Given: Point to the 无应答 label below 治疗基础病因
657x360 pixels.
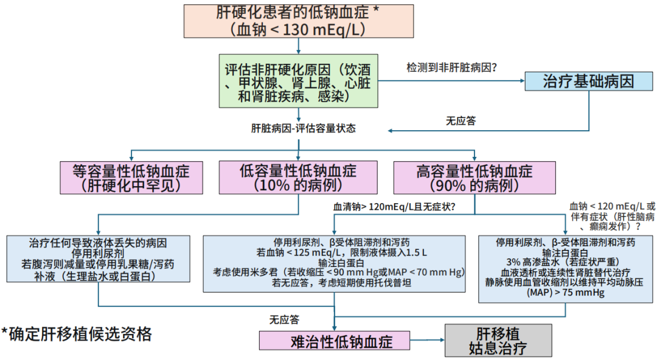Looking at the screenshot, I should [x=461, y=120].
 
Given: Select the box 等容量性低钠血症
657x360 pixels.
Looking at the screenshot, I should [x=131, y=178].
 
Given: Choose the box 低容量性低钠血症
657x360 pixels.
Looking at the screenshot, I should [x=298, y=178].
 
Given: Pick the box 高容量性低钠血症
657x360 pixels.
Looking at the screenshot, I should [x=474, y=178].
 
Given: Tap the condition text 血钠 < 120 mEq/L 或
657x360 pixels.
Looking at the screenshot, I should [x=612, y=206].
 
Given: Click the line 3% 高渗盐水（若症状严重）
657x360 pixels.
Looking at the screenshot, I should [x=566, y=262].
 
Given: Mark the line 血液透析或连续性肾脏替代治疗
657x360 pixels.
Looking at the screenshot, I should [x=566, y=272].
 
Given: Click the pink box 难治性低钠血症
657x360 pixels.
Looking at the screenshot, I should [x=334, y=341].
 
